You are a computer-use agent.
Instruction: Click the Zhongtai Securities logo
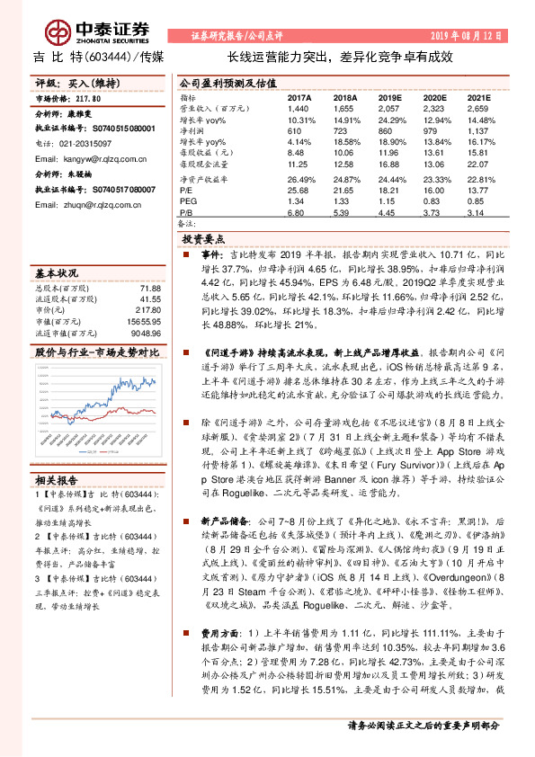pyautogui.click(x=82, y=32)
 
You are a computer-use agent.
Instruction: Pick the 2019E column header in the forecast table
pyautogui.click(x=388, y=97)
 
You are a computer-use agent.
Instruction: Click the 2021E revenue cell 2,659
pyautogui.click(x=478, y=107)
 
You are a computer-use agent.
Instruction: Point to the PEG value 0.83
pyautogui.click(x=434, y=202)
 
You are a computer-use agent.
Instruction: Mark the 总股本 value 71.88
pyautogui.click(x=150, y=288)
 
